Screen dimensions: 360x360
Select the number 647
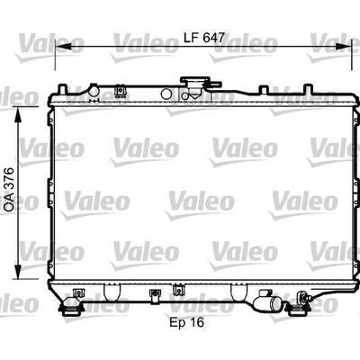click(213, 38)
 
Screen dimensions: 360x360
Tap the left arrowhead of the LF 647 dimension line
click(63, 46)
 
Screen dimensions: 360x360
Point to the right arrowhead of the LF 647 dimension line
click(343, 46)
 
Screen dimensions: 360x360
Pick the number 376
click(9, 178)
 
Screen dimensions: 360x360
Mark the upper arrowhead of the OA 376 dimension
click(19, 115)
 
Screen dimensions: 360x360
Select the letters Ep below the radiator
click(176, 323)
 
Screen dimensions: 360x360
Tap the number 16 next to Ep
click(196, 322)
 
